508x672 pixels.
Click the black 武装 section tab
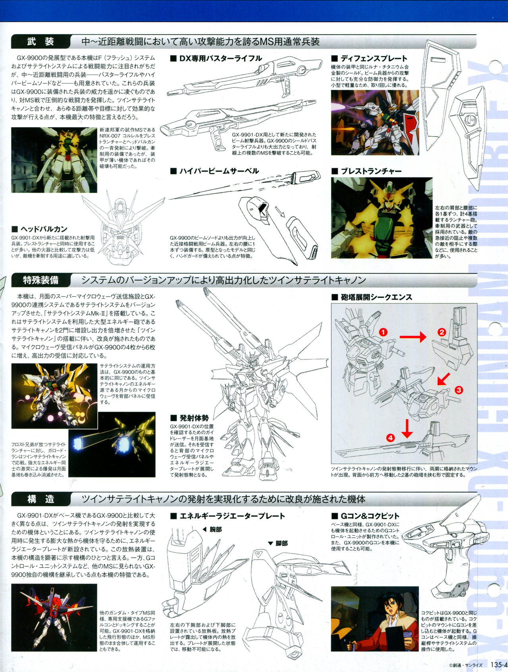coord(40,42)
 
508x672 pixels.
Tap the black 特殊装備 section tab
coord(40,280)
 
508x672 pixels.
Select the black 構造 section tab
coord(40,499)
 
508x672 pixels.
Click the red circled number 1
coord(383,332)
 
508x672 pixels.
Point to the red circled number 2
coord(441,332)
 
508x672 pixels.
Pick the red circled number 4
coord(391,438)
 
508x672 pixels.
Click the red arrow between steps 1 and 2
coord(413,338)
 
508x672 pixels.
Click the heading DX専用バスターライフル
coord(216,58)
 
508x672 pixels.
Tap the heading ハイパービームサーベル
coord(214,171)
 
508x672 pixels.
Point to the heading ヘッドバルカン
coord(39,229)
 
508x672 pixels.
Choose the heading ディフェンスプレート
coord(369,58)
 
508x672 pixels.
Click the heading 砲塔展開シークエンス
coord(372,297)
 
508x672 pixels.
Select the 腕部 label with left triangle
coord(212,529)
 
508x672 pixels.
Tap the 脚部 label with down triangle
coord(278,543)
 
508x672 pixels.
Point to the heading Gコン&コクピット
coord(366,516)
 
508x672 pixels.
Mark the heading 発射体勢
coord(189,418)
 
